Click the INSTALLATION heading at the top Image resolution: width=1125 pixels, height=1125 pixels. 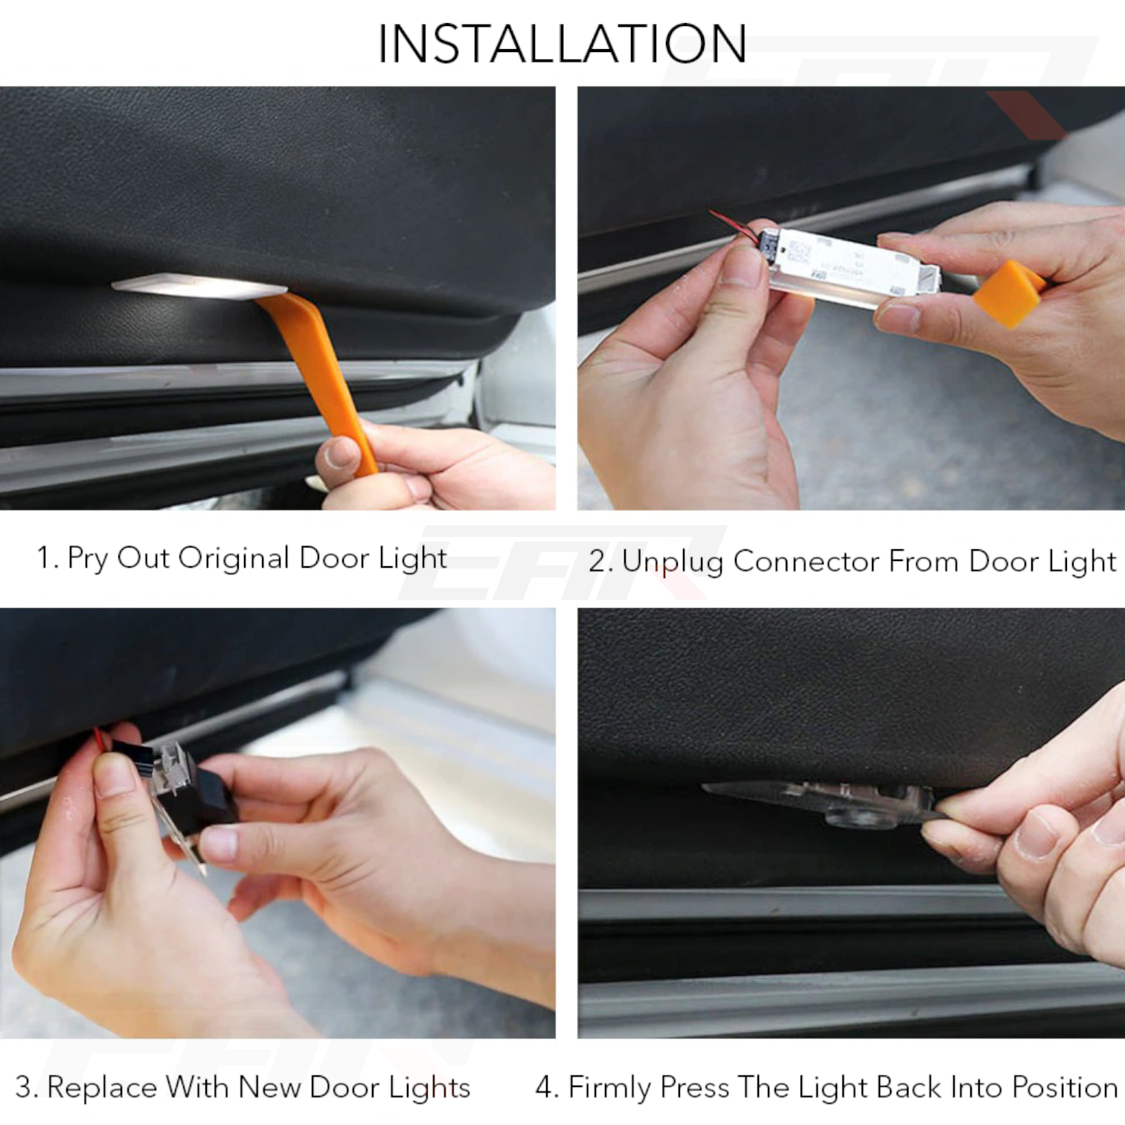pyautogui.click(x=562, y=45)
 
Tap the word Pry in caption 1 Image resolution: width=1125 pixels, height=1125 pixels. pyautogui.click(x=89, y=559)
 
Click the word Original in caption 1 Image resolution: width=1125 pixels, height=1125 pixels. pyautogui.click(x=233, y=558)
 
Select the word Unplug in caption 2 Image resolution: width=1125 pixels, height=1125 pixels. pyautogui.click(x=672, y=562)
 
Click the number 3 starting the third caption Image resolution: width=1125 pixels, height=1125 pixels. pyautogui.click(x=23, y=1088)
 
